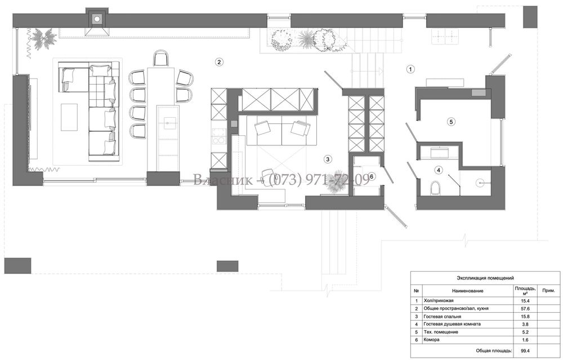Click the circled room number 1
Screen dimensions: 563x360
(410, 69)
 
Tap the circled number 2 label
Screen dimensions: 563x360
(219, 62)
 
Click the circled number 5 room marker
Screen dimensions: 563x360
(452, 122)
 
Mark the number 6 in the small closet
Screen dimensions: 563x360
(372, 176)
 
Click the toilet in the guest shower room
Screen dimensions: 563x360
(435, 188)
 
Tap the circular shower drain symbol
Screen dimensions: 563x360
(480, 183)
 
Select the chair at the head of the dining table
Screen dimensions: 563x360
(160, 58)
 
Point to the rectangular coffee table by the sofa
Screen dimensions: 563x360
(69, 117)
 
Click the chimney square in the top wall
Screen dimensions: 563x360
(96, 19)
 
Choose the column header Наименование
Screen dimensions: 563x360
(467, 291)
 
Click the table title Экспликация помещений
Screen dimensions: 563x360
(485, 278)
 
